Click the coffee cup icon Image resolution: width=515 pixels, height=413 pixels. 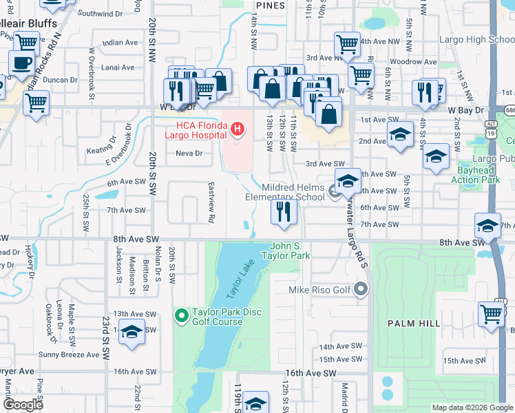(x=21, y=63)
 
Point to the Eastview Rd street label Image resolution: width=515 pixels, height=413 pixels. (x=211, y=202)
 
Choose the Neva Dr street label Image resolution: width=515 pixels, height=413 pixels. (x=189, y=153)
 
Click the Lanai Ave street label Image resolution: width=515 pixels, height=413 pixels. (x=118, y=67)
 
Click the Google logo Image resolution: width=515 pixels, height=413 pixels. (x=23, y=405)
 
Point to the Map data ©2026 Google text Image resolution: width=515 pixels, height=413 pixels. (x=472, y=407)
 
